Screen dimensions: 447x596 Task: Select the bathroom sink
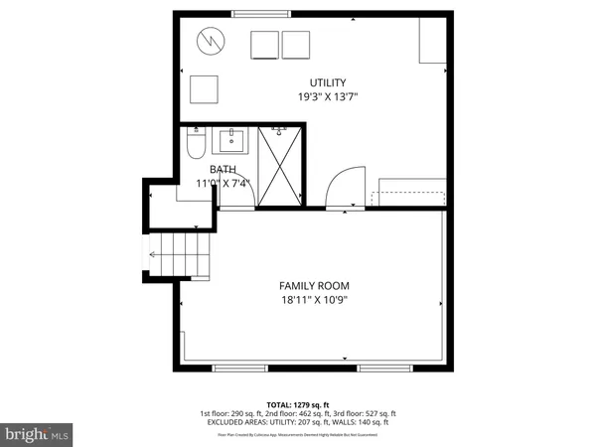235,136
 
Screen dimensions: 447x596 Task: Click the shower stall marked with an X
279,166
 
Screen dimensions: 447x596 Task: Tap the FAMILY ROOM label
314,285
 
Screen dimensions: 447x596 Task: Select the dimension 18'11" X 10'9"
314,299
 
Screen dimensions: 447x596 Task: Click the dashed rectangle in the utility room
408,196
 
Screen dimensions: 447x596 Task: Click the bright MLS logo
37,434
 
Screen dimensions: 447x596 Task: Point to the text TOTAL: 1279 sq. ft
298,403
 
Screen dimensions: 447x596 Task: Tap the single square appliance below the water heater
206,89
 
